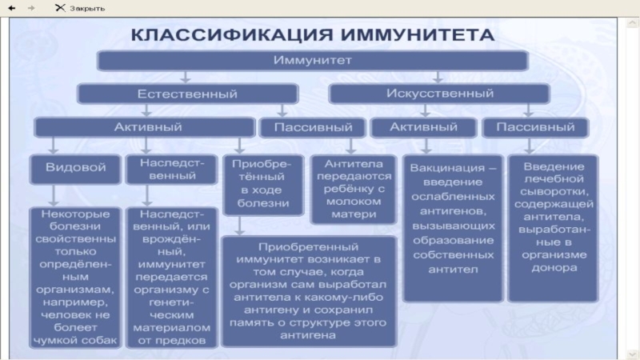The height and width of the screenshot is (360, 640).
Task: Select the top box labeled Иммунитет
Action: [x=312, y=61]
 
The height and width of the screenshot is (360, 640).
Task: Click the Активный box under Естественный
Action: [x=142, y=127]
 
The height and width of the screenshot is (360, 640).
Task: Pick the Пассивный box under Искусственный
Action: [x=534, y=127]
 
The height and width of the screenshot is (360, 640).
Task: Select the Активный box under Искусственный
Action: [x=423, y=127]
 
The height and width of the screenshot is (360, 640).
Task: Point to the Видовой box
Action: [x=75, y=169]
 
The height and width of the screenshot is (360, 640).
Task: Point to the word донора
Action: [x=553, y=269]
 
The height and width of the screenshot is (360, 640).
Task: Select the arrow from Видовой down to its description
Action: [x=53, y=195]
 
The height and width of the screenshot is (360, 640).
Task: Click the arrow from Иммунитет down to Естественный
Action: [x=186, y=77]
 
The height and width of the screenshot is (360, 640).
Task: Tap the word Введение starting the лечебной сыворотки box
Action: [x=553, y=166]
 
